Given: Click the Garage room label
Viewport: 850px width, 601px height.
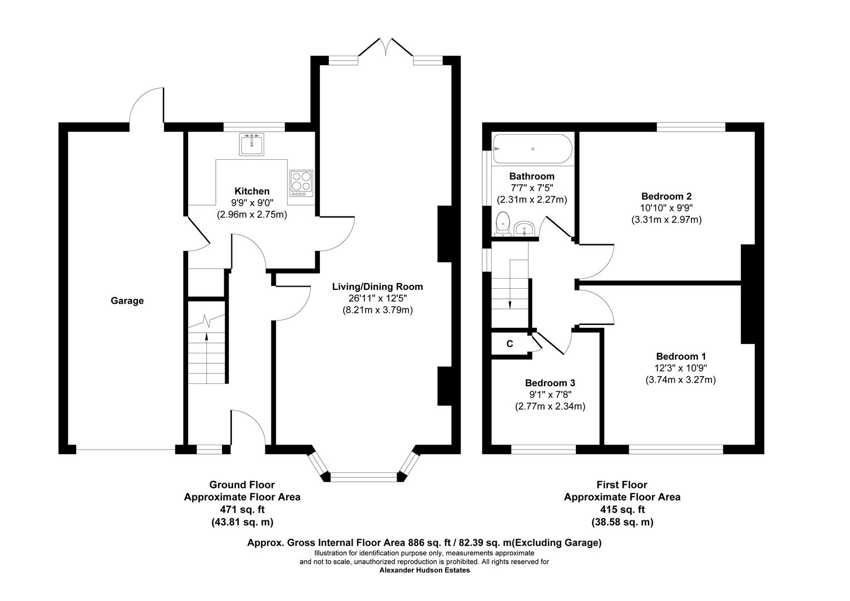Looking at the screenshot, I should click(127, 300).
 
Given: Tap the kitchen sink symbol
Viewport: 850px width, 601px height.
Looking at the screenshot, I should click(252, 144).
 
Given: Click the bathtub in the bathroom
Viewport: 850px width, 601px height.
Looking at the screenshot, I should click(532, 149).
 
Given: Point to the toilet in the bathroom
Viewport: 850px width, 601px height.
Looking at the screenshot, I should click(503, 224).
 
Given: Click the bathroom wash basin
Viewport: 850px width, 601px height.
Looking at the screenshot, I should click(524, 228).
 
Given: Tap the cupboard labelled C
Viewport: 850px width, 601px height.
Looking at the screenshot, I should click(510, 344).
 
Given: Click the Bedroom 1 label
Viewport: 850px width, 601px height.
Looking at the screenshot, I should click(680, 356).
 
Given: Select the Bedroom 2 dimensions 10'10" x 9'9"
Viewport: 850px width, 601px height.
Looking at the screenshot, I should click(666, 208).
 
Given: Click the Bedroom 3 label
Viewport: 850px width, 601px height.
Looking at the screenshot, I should click(550, 383).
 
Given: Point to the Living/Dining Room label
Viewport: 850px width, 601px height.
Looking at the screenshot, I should click(377, 287).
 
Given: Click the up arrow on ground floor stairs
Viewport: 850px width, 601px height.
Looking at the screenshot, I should click(207, 336).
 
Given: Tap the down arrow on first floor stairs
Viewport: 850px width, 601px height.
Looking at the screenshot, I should click(510, 303).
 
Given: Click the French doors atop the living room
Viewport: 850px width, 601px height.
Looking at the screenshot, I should click(386, 48).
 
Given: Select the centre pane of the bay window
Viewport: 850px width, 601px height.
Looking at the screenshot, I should click(364, 476).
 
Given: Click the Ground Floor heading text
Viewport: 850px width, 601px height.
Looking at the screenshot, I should click(241, 485).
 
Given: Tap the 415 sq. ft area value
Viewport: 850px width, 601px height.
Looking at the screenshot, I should click(621, 509).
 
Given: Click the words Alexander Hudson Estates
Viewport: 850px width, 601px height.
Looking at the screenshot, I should click(424, 570).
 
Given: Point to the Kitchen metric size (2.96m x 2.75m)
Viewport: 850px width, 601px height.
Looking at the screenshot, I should click(251, 214).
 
